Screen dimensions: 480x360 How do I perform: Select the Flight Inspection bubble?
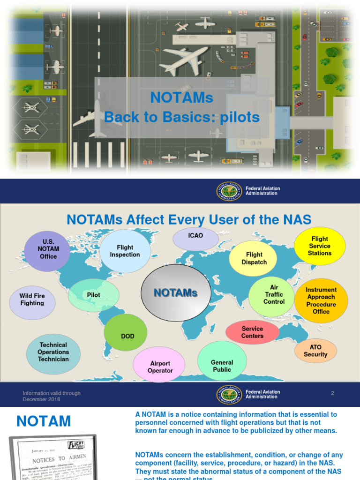tap(125, 251)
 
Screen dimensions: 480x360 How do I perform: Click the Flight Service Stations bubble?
tap(320, 246)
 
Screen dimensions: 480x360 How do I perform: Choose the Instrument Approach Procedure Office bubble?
tap(321, 300)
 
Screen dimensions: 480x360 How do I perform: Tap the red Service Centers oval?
tap(252, 332)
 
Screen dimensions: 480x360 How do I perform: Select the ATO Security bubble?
tap(315, 351)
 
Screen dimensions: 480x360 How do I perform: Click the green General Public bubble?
tap(222, 366)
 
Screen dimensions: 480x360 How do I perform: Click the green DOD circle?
tap(127, 336)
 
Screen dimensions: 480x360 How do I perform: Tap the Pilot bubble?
tap(94, 295)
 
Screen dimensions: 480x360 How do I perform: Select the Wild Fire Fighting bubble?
tap(32, 300)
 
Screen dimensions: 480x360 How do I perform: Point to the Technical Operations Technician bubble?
tap(53, 352)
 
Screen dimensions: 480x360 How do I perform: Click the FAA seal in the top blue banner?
tap(229, 191)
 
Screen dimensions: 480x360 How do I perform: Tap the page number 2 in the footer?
tap(332, 393)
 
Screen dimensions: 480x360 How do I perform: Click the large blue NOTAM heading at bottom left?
tap(44, 421)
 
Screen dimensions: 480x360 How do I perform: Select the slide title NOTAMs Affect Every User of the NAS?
tap(189, 219)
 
